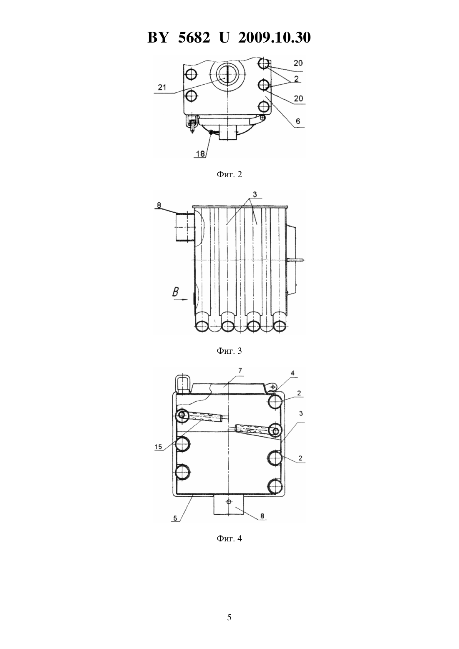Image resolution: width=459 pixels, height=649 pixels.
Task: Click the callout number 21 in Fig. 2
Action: pyautogui.click(x=162, y=87)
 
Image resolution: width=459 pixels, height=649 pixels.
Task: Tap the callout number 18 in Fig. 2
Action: pyautogui.click(x=201, y=154)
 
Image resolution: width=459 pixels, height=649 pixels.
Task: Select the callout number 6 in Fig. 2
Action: pyautogui.click(x=298, y=121)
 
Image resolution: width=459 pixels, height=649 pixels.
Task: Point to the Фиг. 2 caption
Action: pyautogui.click(x=229, y=174)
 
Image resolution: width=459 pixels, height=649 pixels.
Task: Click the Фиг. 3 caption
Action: pyautogui.click(x=229, y=351)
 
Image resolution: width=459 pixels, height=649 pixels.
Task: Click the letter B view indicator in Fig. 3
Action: pyautogui.click(x=176, y=292)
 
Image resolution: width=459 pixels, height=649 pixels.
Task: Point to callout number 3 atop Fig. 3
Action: pyautogui.click(x=255, y=195)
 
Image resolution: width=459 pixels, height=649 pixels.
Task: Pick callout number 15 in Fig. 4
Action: pyautogui.click(x=158, y=447)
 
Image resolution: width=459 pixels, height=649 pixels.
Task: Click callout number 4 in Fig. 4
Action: pyautogui.click(x=293, y=373)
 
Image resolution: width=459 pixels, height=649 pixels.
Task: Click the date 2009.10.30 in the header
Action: pyautogui.click(x=275, y=38)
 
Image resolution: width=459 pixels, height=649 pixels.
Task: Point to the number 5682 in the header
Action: pyautogui.click(x=194, y=38)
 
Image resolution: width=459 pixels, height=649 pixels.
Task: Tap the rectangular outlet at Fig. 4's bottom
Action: pyautogui.click(x=229, y=504)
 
